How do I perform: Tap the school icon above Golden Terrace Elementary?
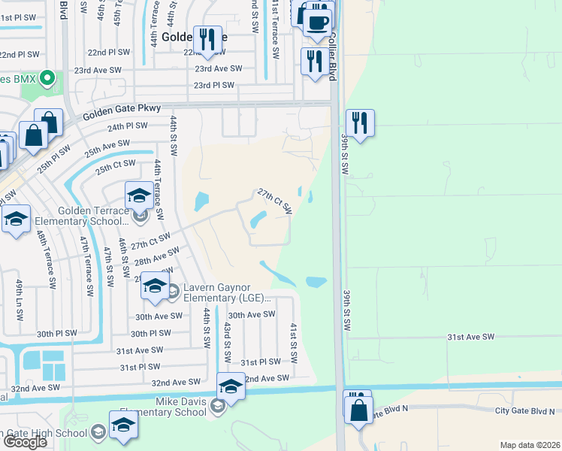point(139,198)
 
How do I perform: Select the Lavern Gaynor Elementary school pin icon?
point(155,287)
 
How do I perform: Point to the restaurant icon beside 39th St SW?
point(361,123)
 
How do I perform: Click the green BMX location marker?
point(47,77)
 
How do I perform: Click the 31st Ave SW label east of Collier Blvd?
point(472,337)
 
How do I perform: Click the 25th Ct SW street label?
point(115,164)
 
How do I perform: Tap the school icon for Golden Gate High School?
point(123,425)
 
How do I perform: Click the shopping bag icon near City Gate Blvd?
point(359,410)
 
